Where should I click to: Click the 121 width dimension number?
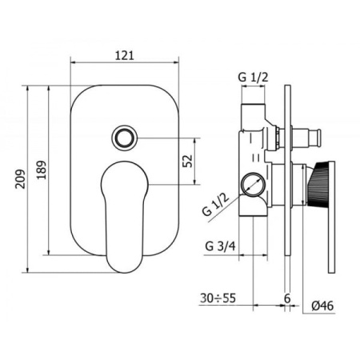(x=125, y=55)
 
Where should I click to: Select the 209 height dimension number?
(x=20, y=179)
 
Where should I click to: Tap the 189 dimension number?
(x=42, y=170)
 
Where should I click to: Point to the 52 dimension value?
(x=187, y=161)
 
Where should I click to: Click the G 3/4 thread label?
(x=220, y=246)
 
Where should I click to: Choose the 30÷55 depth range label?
(x=218, y=298)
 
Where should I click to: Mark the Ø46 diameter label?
(x=322, y=306)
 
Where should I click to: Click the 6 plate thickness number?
(x=287, y=298)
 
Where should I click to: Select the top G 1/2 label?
(x=253, y=78)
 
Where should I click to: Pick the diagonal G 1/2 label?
(x=215, y=205)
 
